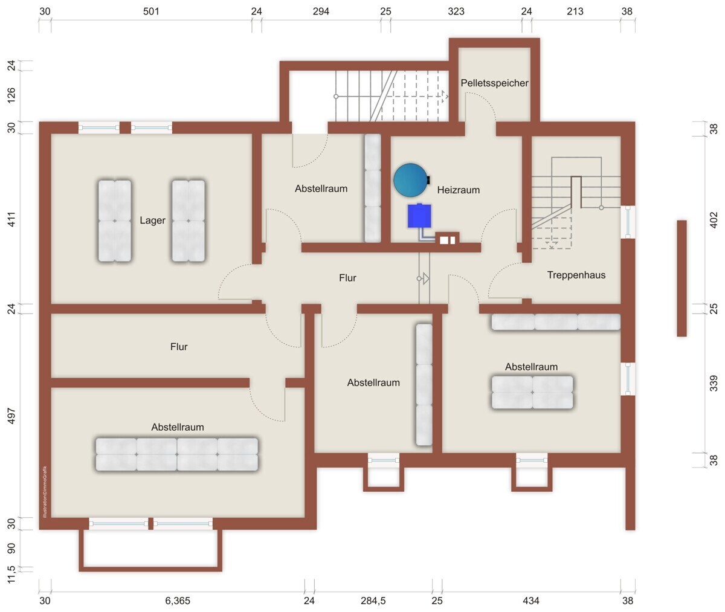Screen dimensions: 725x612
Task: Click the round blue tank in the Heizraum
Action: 411,180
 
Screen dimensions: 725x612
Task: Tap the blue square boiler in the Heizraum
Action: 419,216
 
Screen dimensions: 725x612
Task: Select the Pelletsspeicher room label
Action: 494,83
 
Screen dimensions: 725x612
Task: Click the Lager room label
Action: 152,220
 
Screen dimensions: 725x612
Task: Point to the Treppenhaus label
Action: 576,275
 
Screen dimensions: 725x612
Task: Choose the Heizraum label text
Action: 459,190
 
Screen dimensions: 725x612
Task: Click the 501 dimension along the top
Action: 151,11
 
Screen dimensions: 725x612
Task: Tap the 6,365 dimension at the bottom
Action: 178,601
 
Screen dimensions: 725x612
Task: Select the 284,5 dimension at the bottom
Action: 373,601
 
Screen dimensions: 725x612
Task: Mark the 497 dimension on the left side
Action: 11,416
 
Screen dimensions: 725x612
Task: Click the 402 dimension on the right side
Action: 713,220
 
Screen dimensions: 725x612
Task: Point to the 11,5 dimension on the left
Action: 11,575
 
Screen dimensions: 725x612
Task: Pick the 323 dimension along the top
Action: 456,11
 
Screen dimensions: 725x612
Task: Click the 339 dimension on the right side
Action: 713,383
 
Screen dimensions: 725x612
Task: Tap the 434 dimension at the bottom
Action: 531,601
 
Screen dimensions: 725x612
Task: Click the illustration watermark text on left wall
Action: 45,492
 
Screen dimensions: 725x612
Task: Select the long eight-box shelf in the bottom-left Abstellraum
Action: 177,454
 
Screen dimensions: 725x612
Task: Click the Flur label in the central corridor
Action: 347,278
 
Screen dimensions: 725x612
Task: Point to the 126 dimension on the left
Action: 11,95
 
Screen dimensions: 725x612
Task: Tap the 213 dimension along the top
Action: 575,11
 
